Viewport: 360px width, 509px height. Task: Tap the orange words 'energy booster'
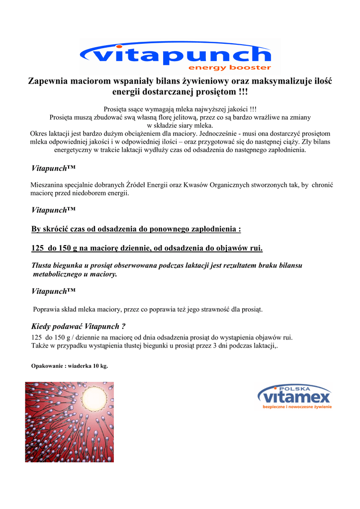point(229,68)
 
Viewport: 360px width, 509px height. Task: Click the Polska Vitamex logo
point(294,397)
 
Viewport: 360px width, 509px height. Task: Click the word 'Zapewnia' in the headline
point(47,81)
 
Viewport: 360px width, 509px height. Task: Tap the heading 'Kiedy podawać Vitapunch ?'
point(78,327)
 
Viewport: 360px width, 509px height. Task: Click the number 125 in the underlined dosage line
point(38,248)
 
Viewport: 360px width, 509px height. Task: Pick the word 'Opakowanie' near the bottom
point(46,366)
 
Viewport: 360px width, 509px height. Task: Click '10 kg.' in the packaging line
point(99,366)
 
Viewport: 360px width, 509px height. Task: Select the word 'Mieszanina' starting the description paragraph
point(48,185)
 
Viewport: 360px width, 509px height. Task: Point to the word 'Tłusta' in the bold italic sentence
point(42,265)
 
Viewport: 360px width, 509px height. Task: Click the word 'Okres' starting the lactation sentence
point(39,134)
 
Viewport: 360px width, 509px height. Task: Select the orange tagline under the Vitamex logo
point(297,407)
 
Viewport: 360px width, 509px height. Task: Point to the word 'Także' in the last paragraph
point(39,345)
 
